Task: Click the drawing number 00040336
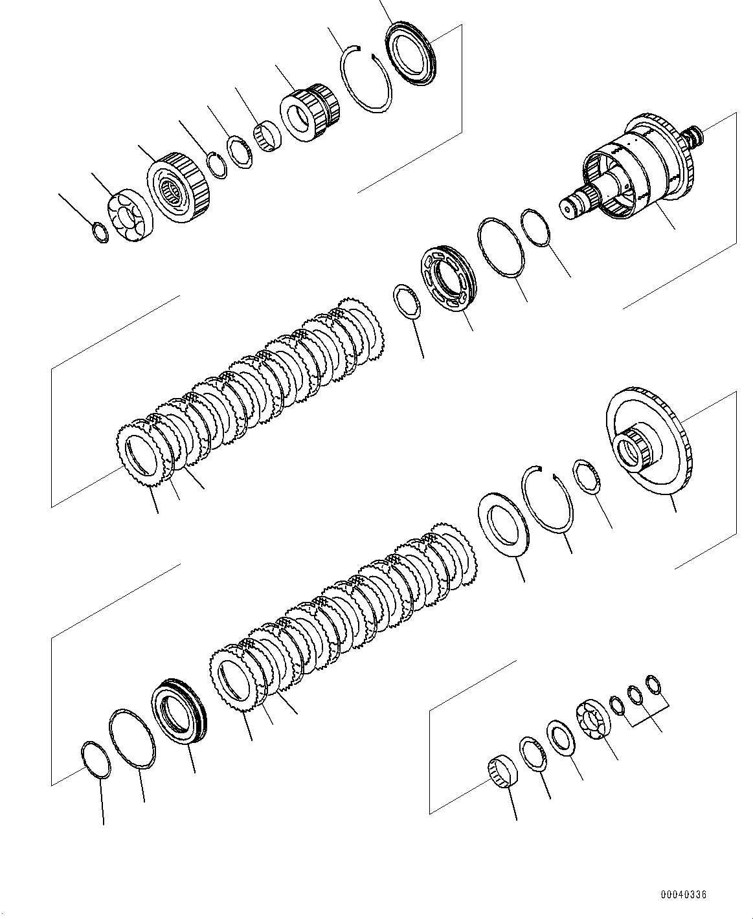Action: (x=683, y=895)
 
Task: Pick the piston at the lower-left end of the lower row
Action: (x=178, y=711)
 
